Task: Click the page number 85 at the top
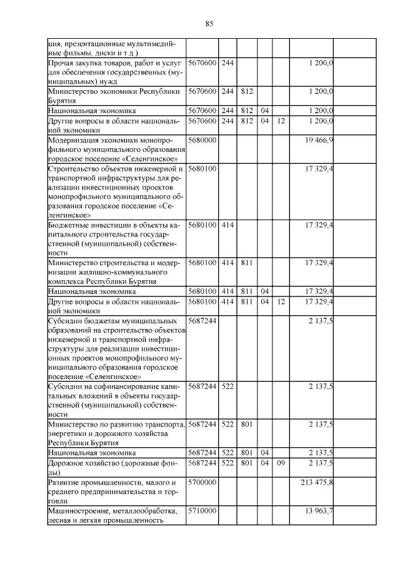point(209,24)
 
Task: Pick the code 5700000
point(202,483)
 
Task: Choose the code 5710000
point(202,512)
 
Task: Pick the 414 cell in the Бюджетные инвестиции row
point(227,224)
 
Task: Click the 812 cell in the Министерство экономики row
point(246,91)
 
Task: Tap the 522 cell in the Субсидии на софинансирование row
point(227,387)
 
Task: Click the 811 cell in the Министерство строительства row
point(246,263)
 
